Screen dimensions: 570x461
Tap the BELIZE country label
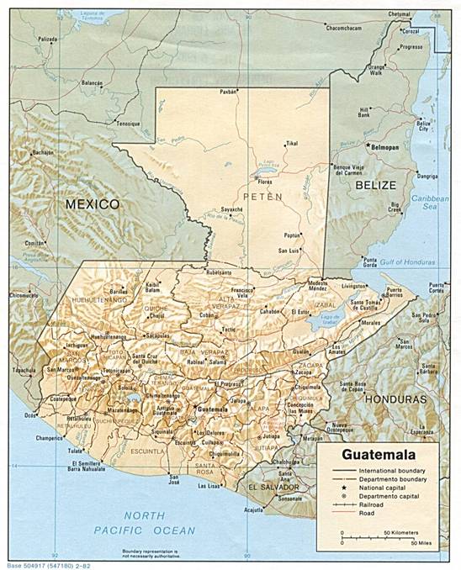[374, 182]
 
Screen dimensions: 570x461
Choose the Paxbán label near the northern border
[228, 90]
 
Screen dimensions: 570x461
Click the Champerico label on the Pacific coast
[50, 438]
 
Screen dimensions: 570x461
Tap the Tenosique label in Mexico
[128, 124]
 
